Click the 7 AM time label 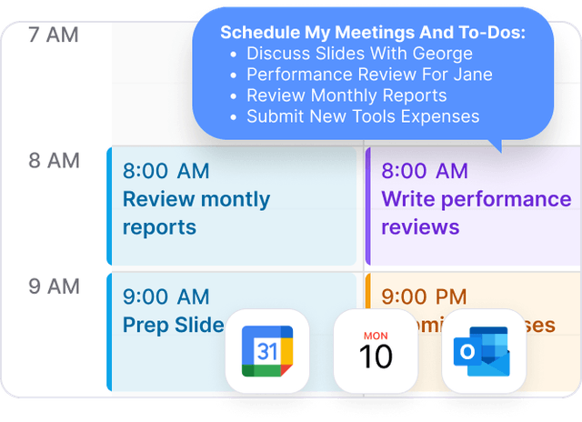point(54,35)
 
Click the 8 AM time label point(54,161)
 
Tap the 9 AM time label point(54,286)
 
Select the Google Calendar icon point(267,351)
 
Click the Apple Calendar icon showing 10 point(376,351)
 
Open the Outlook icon point(483,351)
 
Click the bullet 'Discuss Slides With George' point(359,54)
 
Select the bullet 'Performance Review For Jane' point(369,75)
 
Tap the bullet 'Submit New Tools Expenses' point(362,116)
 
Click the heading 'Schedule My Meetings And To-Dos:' point(373,33)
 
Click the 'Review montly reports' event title point(196,212)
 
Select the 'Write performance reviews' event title point(476,212)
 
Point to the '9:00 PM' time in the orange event point(424,296)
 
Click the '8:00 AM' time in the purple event point(425,171)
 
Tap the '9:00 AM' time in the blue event point(166,296)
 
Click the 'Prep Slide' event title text point(173,324)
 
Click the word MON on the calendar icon point(376,336)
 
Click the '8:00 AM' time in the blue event point(166,171)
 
